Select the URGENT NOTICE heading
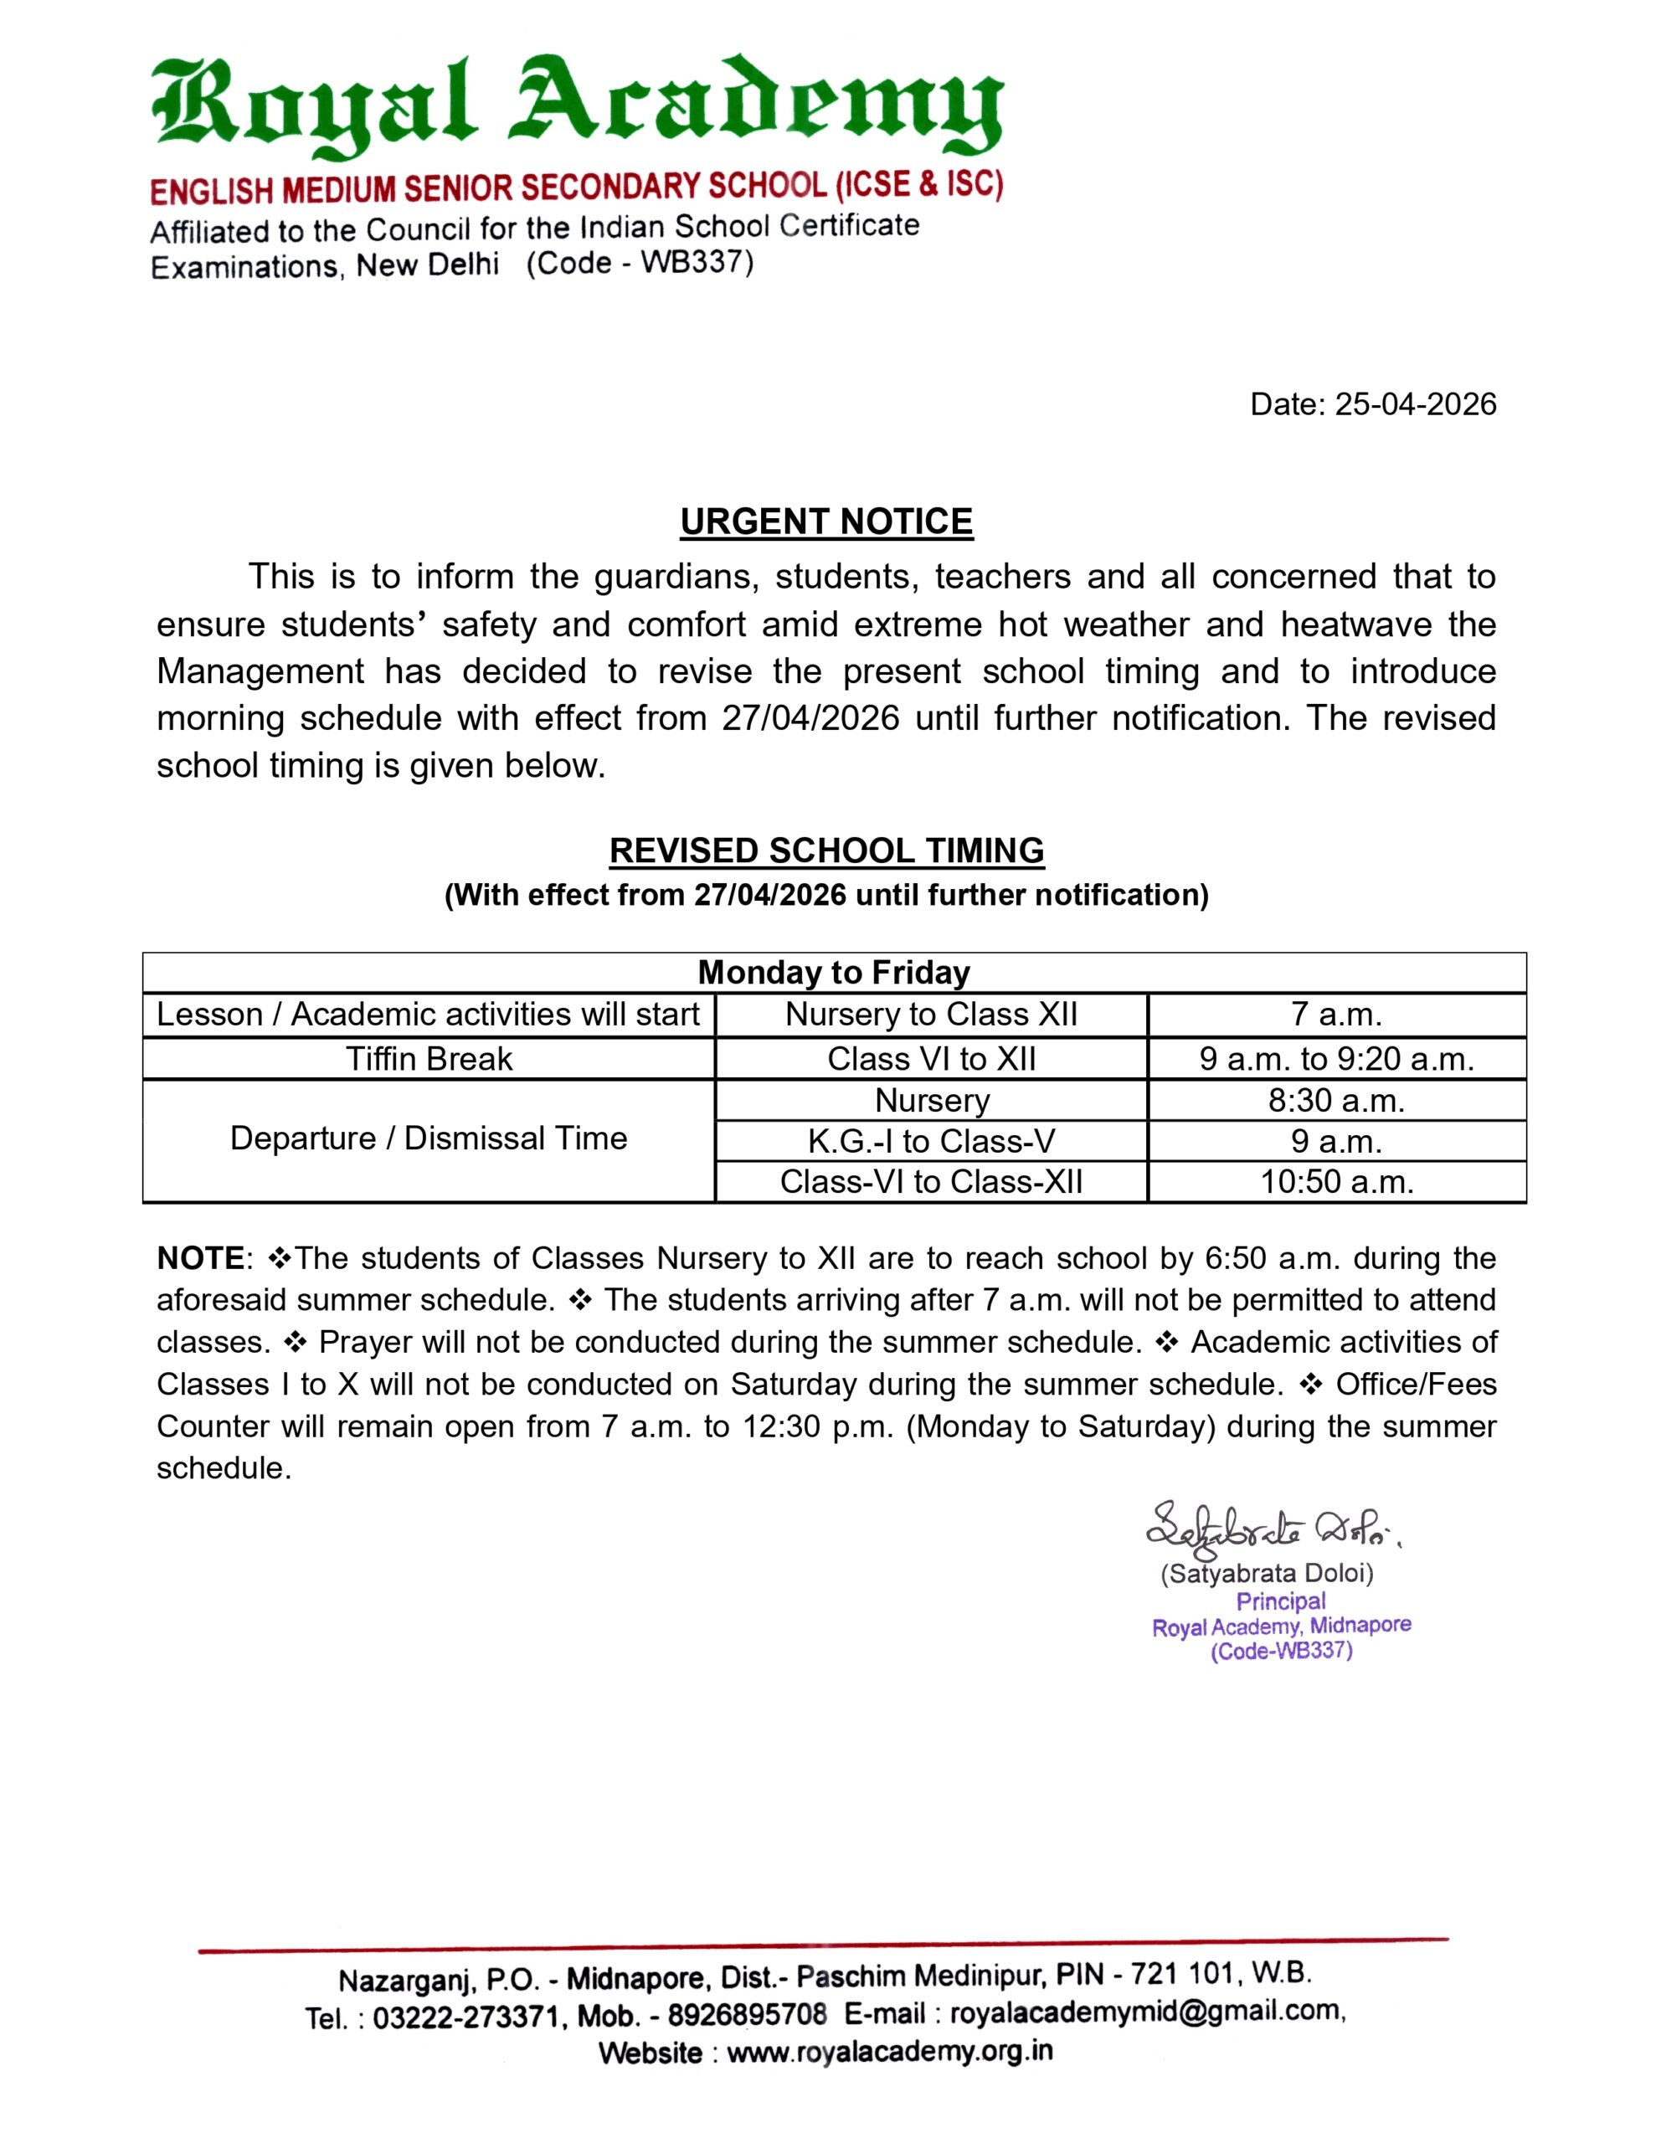(826, 521)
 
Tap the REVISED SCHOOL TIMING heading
(826, 850)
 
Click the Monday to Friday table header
(833, 973)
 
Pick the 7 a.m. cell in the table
(1336, 1014)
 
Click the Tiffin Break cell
(429, 1059)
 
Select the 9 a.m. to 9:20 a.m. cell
(1336, 1059)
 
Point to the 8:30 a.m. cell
(1336, 1100)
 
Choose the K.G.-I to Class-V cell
(931, 1141)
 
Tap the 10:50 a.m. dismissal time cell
(1336, 1181)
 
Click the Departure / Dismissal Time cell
(429, 1138)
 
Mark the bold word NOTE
(200, 1258)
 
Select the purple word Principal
(1280, 1601)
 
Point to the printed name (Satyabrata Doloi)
(1267, 1573)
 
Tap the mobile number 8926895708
(747, 2014)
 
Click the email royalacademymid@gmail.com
(1145, 2012)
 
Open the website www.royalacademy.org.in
(889, 2052)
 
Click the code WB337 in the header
(696, 262)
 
